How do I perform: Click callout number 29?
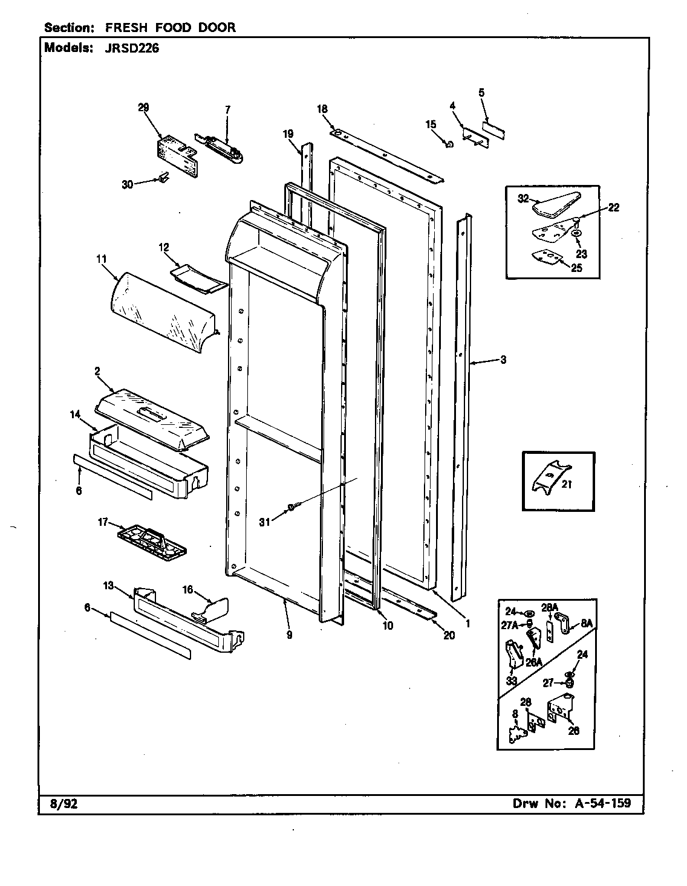pos(143,108)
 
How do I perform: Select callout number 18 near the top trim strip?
pos(322,109)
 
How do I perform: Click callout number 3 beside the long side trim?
pos(503,360)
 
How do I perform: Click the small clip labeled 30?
pos(161,177)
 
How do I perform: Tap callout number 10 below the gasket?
pos(388,626)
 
